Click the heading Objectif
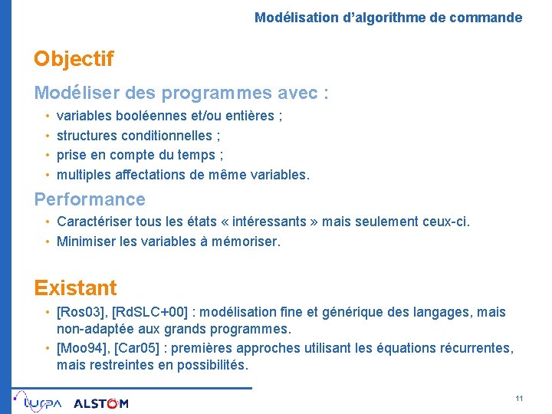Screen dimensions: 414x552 (74, 59)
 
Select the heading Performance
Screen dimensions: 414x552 (90, 199)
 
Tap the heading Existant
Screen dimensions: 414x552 (75, 288)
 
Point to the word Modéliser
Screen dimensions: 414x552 (72, 93)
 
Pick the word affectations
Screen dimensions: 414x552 (159, 175)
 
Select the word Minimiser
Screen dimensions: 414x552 (85, 242)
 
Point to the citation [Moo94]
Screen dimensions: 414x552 (81, 347)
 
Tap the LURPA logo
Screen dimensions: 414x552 (38, 402)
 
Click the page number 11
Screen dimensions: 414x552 (519, 399)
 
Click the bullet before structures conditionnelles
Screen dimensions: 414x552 (47, 136)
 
